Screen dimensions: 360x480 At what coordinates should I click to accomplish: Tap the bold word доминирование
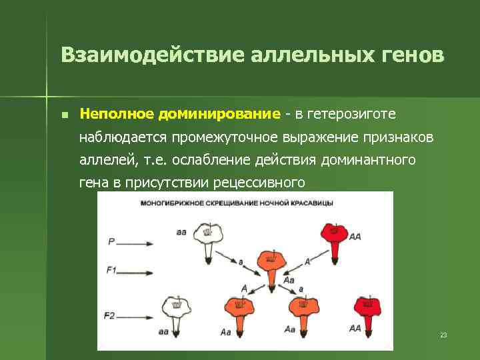tap(219, 114)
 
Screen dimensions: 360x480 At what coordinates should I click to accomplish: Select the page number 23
tap(443, 335)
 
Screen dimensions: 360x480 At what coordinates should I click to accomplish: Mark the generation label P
tap(111, 242)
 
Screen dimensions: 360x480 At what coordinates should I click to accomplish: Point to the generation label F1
tap(112, 270)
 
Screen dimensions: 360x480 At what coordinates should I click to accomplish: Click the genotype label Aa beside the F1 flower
tap(289, 281)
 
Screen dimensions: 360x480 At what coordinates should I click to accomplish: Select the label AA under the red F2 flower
tap(355, 328)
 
